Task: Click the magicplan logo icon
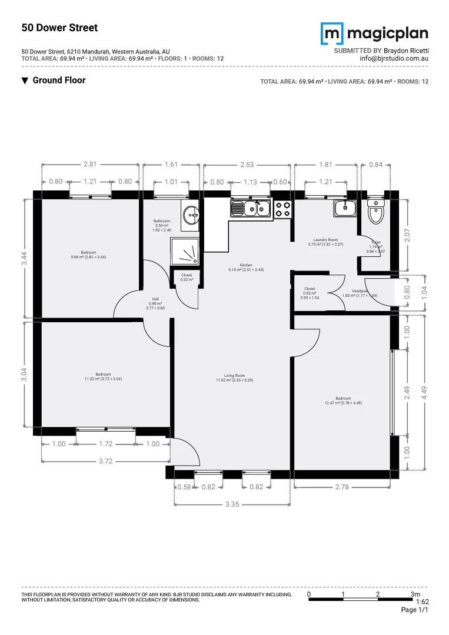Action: coord(331,34)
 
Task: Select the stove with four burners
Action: coord(282,208)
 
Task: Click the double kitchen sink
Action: coord(250,208)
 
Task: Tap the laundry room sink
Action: coord(344,208)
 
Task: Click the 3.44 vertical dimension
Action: coord(24,259)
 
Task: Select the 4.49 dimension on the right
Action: coord(423,393)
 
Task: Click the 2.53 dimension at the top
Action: coord(247,165)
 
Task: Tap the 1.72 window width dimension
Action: coord(105,444)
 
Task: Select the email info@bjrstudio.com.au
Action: coord(394,59)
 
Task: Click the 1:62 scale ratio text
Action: coord(422,602)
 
